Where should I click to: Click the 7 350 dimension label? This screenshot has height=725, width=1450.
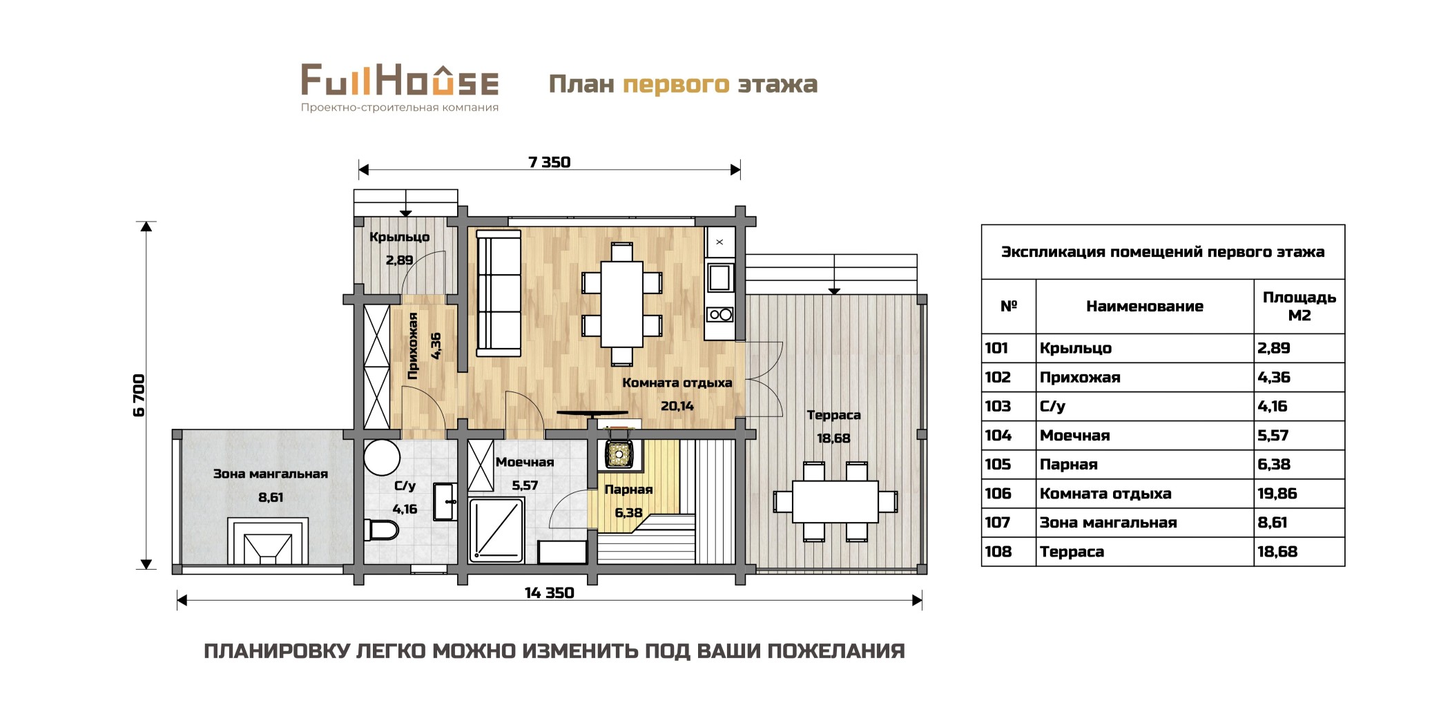(x=549, y=162)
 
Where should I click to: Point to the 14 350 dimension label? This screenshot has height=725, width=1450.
(x=549, y=593)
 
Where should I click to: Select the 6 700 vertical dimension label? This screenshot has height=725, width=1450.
(x=139, y=396)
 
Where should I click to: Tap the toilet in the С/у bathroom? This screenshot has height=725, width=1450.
(x=382, y=530)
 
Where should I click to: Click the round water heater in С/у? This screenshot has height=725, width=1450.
(x=382, y=457)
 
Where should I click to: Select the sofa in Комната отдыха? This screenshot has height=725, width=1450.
(x=499, y=293)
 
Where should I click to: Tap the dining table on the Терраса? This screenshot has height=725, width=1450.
(x=835, y=502)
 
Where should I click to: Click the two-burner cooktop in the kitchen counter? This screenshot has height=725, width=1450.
(x=720, y=315)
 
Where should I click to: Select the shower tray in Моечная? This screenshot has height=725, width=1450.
(x=496, y=530)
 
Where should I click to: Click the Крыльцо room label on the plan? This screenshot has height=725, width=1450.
(x=399, y=237)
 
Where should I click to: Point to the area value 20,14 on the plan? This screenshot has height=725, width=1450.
(x=677, y=406)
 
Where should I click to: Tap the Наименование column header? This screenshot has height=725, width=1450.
(x=1144, y=307)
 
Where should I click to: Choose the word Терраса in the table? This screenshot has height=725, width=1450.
(x=1072, y=552)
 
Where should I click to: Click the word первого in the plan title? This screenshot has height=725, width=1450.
(x=676, y=84)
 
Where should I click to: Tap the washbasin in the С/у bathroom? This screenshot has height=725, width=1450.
(x=445, y=501)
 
